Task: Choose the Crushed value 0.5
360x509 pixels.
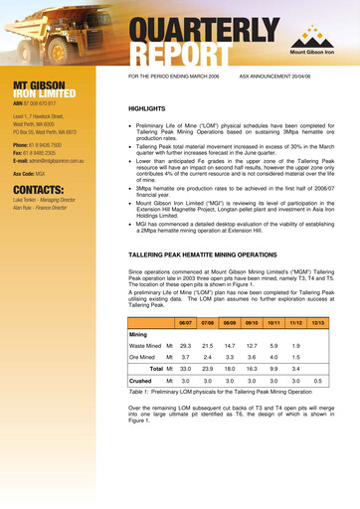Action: click(318, 381)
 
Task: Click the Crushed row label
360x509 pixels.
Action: click(140, 381)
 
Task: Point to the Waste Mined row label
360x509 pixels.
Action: click(145, 344)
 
